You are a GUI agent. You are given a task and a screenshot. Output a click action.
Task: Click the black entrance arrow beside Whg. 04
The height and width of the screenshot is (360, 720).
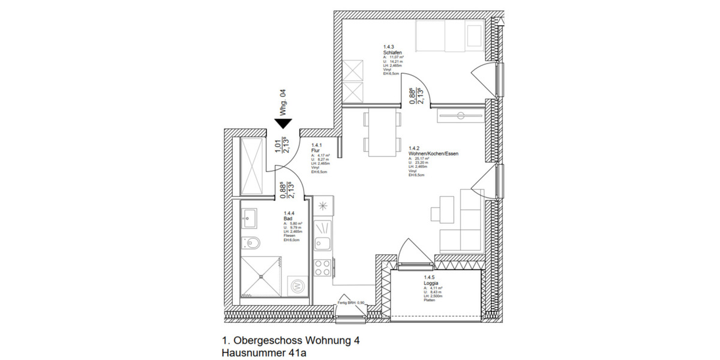coord(283,124)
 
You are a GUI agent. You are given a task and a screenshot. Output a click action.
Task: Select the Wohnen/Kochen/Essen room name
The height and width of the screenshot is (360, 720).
coord(433,154)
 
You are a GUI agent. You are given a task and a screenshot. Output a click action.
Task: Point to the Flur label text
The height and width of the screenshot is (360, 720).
coord(314,150)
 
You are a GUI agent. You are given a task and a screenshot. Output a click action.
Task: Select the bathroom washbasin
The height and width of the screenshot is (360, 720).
coord(249,217)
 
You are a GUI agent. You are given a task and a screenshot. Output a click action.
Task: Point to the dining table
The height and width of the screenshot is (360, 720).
coord(381,133)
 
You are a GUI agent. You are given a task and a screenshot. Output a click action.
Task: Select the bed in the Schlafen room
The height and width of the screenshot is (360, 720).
coord(449,38)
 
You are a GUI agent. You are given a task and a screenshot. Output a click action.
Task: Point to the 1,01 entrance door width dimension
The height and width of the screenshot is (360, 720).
coord(277,146)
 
